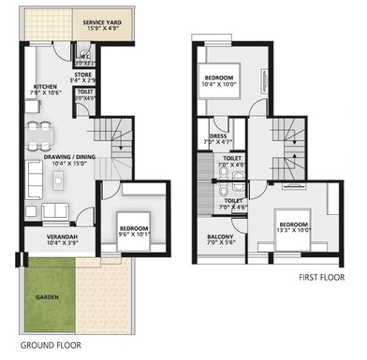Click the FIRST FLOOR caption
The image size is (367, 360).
coord(324,278)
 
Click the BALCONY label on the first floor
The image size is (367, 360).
coord(221,237)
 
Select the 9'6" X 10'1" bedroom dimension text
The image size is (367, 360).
coord(132,232)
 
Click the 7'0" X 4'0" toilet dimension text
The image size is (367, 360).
coord(233,166)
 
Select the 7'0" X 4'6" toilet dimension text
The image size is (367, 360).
coord(233,206)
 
